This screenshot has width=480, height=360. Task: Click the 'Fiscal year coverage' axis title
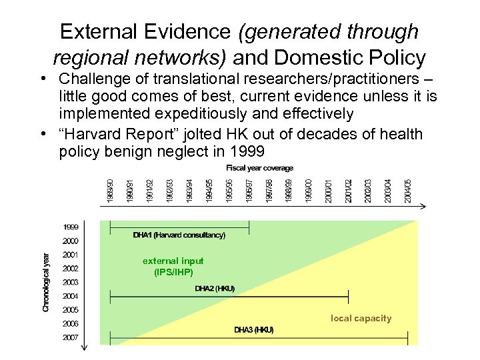tap(259, 168)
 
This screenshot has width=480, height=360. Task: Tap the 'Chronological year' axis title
tap(46, 281)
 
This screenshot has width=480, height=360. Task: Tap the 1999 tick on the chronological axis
tap(71, 227)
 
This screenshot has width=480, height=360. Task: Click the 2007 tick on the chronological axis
tap(71, 337)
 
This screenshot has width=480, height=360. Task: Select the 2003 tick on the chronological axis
tap(71, 282)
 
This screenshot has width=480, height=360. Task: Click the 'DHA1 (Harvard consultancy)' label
tap(179, 235)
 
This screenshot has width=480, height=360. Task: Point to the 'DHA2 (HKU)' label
tap(215, 289)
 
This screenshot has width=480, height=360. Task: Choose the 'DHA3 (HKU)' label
tap(253, 330)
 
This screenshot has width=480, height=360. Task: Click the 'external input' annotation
tap(173, 261)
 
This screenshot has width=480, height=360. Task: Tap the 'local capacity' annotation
tap(361, 319)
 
